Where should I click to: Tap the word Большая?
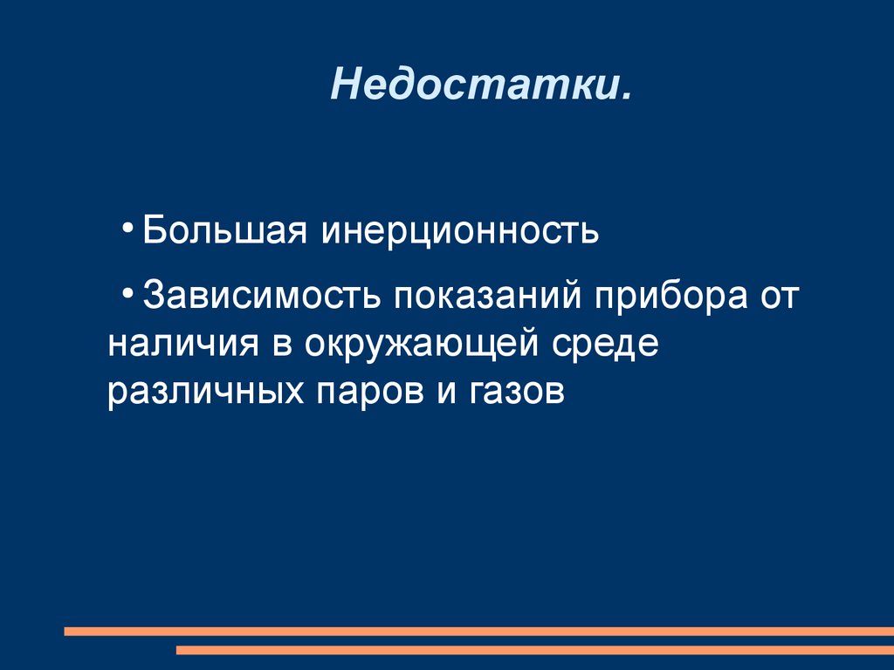coord(224,230)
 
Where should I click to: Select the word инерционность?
coord(459,230)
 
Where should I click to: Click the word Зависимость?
coord(261,295)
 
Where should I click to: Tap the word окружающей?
coord(421,344)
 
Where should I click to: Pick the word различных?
coord(205,392)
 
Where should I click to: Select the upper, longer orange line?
coord(479,632)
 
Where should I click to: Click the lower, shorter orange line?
coord(535,650)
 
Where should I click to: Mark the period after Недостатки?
coord(627,97)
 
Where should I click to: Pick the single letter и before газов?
coord(447,393)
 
